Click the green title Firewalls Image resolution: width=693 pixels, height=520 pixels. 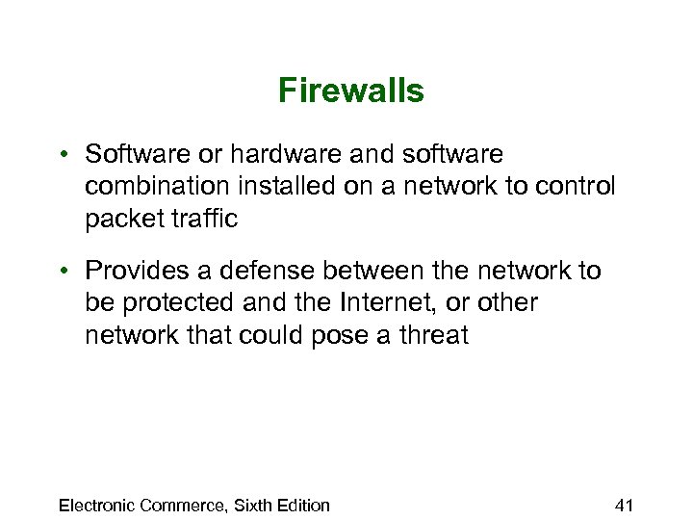tap(350, 91)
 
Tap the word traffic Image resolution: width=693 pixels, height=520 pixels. tap(202, 219)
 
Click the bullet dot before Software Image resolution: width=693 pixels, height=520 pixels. tap(62, 155)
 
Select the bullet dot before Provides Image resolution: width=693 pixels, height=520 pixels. tap(62, 272)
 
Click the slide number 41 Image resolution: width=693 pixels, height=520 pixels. tap(625, 505)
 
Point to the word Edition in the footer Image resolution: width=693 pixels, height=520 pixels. tap(302, 505)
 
